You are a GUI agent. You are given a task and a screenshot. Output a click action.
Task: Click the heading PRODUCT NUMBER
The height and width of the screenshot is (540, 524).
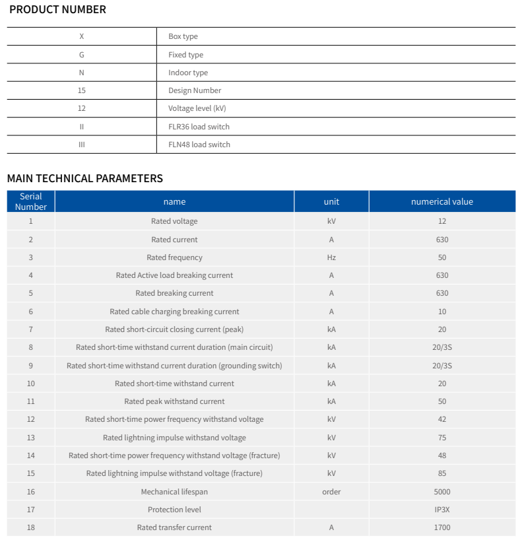(x=57, y=10)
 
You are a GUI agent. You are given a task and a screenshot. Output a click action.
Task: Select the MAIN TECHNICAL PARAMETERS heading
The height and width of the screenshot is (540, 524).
(x=84, y=178)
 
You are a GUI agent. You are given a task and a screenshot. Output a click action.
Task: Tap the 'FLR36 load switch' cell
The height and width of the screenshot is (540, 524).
(x=199, y=127)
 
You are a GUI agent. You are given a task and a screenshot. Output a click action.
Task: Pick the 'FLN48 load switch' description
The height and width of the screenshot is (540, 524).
(x=199, y=145)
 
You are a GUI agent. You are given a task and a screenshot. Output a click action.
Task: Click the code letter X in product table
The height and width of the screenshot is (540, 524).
(x=82, y=37)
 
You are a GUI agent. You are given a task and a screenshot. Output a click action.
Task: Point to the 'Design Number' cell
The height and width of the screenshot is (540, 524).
(x=195, y=90)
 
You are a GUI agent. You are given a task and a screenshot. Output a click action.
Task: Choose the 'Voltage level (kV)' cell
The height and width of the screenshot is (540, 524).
(x=197, y=108)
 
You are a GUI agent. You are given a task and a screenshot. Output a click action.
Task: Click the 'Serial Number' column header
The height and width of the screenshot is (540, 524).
(x=31, y=201)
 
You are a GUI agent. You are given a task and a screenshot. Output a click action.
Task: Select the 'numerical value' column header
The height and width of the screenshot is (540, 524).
(x=442, y=202)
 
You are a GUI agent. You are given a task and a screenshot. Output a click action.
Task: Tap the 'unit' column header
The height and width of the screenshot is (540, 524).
(x=331, y=202)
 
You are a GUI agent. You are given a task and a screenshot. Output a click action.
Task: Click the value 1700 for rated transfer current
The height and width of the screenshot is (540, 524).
(x=442, y=527)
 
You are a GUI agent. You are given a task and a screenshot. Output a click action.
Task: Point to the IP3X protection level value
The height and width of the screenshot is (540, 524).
(x=442, y=510)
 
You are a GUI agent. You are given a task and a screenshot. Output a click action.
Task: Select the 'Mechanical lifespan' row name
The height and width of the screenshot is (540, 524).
(x=174, y=492)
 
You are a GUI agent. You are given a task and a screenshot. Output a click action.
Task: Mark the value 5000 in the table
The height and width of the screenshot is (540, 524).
(x=442, y=492)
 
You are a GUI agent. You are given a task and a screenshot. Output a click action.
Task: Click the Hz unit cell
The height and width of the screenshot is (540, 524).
(x=331, y=257)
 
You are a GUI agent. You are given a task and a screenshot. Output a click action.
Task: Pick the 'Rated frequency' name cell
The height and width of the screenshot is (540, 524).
(x=174, y=257)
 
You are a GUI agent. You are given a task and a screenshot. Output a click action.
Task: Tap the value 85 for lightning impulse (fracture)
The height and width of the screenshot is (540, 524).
(x=442, y=473)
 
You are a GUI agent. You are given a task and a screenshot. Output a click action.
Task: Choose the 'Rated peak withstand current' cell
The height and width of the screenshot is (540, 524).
(x=174, y=401)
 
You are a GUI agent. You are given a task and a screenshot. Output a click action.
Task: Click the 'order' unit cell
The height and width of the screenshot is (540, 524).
(x=331, y=492)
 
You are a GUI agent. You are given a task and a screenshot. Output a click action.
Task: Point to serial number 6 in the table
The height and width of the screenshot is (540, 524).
(x=31, y=312)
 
